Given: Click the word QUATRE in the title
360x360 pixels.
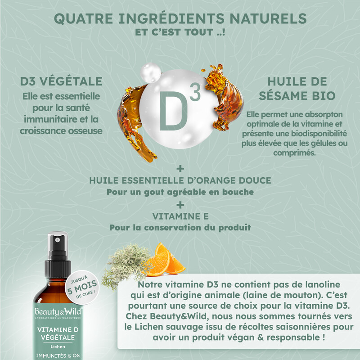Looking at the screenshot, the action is coord(84,18).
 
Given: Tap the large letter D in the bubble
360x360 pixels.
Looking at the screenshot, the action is coord(174,111).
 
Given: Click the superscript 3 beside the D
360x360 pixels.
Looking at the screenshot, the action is coord(195,92).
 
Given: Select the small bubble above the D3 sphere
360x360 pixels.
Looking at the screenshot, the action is coord(151,72).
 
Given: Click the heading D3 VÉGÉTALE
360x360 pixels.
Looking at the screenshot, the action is coord(61,81).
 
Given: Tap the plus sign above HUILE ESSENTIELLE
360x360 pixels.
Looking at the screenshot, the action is coord(180,169).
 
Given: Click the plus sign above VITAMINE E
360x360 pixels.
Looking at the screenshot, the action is coord(180,205).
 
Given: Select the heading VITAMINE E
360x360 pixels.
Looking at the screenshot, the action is coord(180,216).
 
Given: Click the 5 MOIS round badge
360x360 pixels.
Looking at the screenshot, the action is coord(82,287).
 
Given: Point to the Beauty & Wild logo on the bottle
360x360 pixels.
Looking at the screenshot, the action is coord(58,312).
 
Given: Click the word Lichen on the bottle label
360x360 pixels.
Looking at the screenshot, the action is coord(58,346).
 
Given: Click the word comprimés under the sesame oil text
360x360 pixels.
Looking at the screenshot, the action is coord(294,153).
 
